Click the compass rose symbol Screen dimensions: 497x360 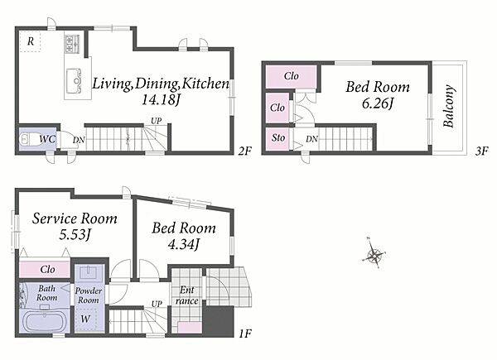374,254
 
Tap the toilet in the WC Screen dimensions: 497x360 28,139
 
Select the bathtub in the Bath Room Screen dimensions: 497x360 44,321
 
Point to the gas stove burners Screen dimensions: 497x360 72,44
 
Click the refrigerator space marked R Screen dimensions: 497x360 31,41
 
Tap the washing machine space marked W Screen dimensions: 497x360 85,319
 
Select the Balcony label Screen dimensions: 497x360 449,106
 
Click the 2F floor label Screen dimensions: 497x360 244,151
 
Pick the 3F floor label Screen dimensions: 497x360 481,151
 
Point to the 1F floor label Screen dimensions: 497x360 244,334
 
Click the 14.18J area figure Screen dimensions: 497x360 161,100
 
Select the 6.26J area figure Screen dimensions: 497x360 378,103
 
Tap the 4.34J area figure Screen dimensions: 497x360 184,244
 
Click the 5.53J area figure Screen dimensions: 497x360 75,234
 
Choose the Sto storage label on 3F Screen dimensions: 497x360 278,137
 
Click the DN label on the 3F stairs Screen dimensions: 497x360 312,139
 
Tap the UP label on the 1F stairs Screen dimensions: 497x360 157,304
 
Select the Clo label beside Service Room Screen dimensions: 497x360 47,270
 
